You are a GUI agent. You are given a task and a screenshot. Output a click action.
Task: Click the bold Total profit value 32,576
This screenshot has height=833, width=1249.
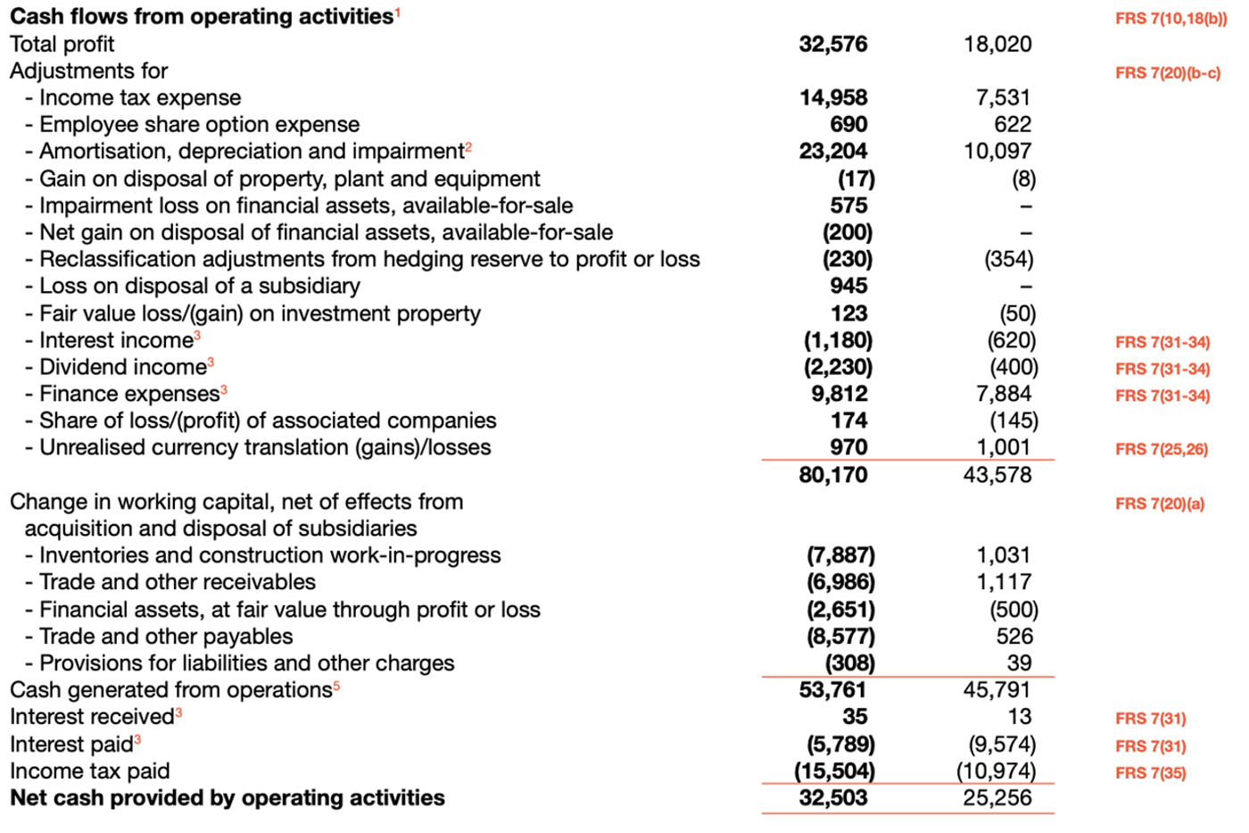coord(832,44)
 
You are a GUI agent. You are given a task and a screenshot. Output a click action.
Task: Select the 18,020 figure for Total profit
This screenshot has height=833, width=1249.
coord(997,44)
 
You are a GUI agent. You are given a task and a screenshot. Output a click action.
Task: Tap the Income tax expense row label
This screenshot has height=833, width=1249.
coord(139,97)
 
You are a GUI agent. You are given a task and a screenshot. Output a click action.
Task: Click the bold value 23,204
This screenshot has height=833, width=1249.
coord(832,151)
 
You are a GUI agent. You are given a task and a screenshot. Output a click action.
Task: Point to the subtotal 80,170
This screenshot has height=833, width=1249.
coord(832,475)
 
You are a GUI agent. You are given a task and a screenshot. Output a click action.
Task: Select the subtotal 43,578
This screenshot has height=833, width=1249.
coord(997,475)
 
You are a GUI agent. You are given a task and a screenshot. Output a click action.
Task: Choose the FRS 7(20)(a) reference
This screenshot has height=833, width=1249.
coord(1159,504)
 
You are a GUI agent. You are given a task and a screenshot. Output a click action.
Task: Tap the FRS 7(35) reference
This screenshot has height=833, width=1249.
coord(1150,773)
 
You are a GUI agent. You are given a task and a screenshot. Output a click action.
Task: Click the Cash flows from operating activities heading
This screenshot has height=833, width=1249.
coord(202,16)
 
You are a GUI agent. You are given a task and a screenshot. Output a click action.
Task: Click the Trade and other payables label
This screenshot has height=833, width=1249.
coord(165,637)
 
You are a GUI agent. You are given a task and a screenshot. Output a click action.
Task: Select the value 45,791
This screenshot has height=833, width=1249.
coord(997,690)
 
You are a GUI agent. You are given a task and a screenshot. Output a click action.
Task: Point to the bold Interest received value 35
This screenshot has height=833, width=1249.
coord(855,717)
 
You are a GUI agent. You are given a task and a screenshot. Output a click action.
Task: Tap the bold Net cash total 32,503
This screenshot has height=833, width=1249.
coord(832,798)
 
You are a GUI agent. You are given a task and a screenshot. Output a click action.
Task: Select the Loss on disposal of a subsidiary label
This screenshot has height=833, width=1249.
coord(199,286)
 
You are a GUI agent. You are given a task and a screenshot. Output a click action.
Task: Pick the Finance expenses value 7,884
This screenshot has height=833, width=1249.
coord(1004,394)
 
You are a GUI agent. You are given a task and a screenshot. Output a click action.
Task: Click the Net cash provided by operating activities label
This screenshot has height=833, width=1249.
coord(227,798)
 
